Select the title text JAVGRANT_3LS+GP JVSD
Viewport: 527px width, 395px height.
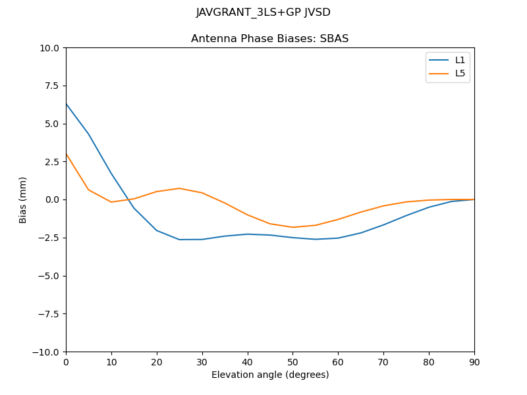pos(263,13)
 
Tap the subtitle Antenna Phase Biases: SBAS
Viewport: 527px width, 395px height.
pos(269,39)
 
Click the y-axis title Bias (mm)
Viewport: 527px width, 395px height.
pos(23,199)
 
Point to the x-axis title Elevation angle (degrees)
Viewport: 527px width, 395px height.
pos(270,375)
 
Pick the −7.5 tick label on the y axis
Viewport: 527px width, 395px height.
pos(49,313)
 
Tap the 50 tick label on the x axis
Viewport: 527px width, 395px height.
pos(292,361)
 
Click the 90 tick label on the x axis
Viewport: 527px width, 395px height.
pos(474,361)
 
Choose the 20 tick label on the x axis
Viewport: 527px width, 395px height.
pos(157,361)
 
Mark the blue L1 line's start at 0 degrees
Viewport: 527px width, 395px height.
pos(67,104)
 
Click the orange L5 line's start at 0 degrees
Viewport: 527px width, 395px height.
pos(67,154)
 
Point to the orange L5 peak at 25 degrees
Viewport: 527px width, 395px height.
pos(179,188)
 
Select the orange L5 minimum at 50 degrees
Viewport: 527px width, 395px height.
pos(292,227)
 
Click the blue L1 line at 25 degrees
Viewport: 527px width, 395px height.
pos(179,240)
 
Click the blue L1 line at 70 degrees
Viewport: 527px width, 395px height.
pos(383,225)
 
